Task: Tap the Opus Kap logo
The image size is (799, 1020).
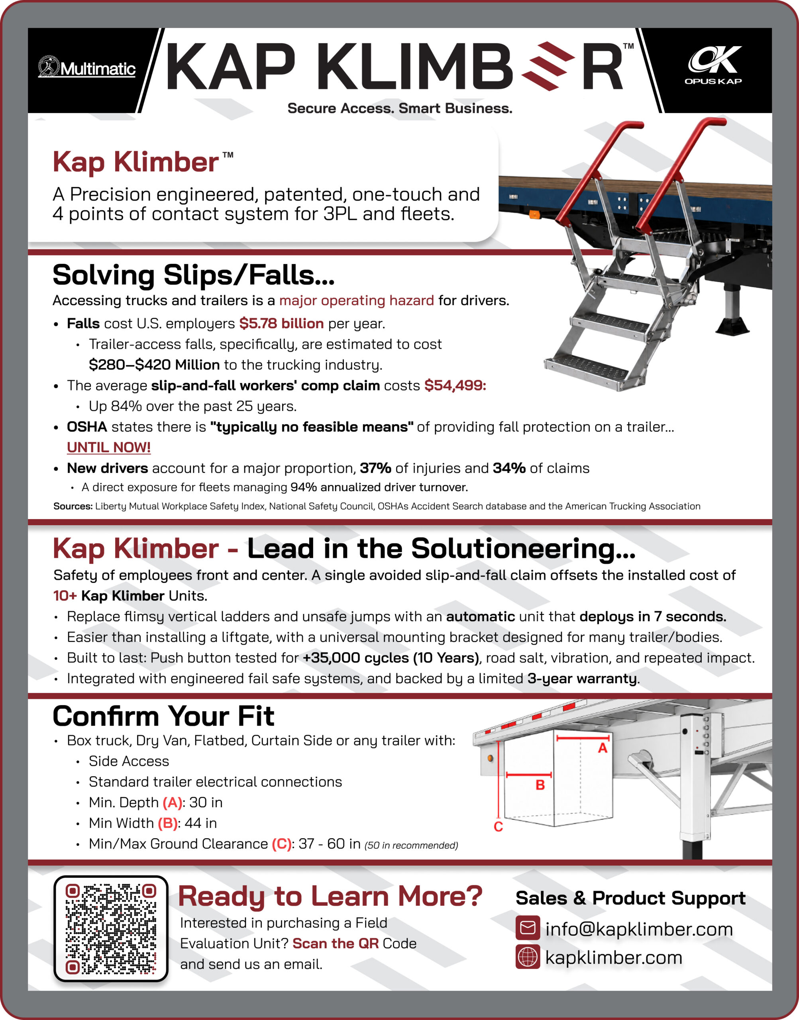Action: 713,65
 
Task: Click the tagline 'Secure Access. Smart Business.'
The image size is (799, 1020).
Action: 400,108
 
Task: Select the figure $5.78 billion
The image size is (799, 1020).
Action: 281,323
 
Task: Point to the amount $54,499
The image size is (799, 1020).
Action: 455,385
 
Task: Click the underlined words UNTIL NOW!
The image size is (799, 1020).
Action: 108,447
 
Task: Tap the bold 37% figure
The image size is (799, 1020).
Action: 375,468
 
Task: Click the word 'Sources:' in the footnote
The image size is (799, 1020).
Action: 73,506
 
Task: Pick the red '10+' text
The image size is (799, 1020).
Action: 65,596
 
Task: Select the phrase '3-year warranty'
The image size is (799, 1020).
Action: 582,679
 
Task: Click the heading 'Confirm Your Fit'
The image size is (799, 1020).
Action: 163,716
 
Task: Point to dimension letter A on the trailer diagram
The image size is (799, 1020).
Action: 603,748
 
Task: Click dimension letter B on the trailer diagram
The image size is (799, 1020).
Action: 540,785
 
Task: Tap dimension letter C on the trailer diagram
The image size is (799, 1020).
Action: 499,827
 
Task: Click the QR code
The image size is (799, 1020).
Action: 111,929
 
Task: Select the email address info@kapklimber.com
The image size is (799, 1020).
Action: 639,929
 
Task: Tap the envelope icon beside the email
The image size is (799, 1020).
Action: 528,928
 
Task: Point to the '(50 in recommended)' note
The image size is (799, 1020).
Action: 411,845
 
